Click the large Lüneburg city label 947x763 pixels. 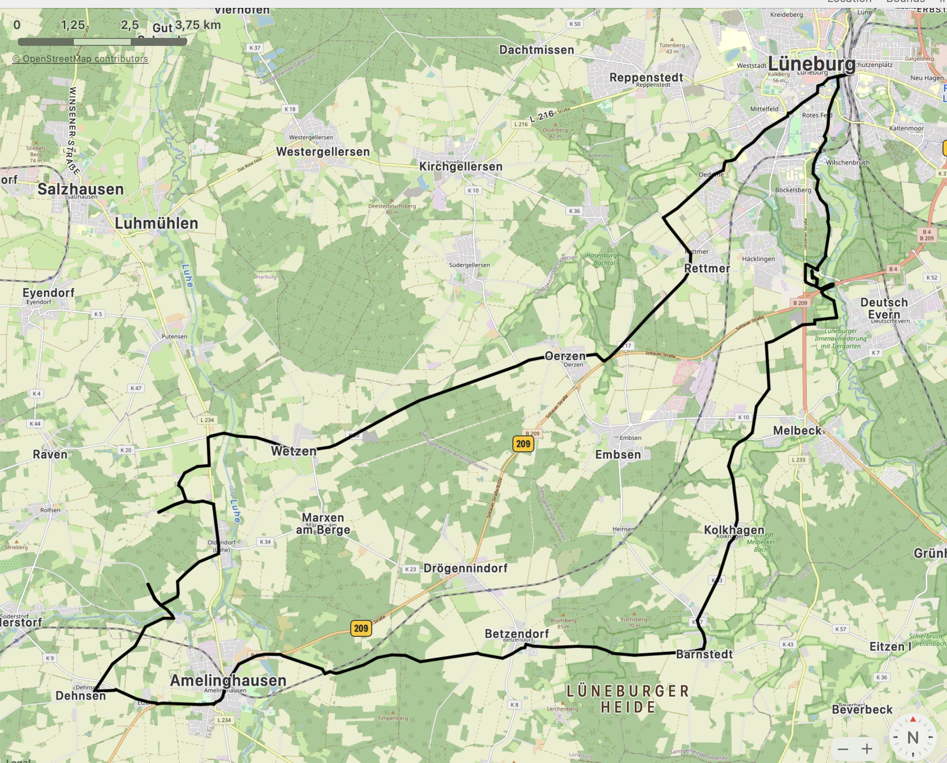point(811,64)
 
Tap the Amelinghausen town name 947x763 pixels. point(228,680)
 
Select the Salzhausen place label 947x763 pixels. point(80,189)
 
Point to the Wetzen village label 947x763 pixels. point(293,451)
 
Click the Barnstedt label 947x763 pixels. point(704,654)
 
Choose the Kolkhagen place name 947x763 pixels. point(733,530)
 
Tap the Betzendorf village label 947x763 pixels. point(516,634)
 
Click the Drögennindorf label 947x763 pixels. point(465,568)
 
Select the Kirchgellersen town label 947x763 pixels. point(461,167)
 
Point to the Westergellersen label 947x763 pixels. point(323,152)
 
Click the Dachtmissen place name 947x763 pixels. point(536,50)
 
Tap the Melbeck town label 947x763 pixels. point(797,430)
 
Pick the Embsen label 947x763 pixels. point(618,454)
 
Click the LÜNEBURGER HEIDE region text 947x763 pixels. point(628,699)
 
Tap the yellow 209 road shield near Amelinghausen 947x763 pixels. point(361,628)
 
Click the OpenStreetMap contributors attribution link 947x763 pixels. point(80,59)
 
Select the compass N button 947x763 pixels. point(913,737)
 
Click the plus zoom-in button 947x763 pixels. point(867,749)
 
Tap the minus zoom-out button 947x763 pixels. point(843,749)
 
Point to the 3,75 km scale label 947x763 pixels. point(198,25)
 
